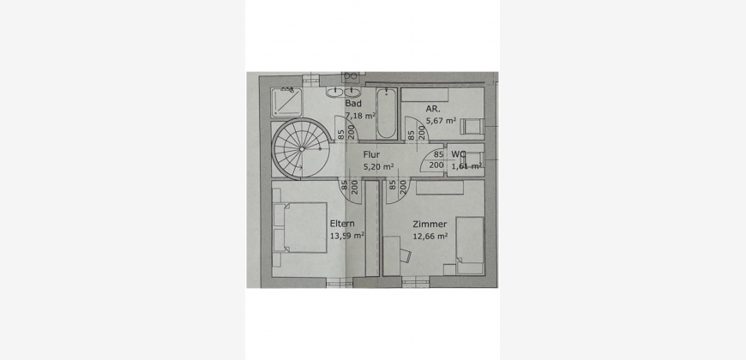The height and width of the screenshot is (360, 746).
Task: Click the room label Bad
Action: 353,104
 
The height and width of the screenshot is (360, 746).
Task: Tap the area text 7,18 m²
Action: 361,116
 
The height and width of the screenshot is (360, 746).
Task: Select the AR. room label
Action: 432,108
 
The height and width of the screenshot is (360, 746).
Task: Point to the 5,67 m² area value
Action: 441,121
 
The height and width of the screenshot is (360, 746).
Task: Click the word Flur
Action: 371,154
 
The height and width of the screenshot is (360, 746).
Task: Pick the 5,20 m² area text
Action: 379,167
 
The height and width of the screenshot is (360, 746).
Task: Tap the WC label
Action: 459,154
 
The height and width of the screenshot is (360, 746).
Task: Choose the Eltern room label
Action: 342,224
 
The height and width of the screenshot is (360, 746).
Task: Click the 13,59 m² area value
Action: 346,236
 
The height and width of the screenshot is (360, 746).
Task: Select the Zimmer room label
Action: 430,224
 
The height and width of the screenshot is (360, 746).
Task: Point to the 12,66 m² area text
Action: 430,236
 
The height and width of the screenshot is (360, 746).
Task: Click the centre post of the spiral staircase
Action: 302,149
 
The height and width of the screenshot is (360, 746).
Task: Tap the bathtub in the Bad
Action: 386,114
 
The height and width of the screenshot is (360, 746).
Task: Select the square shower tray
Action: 286,103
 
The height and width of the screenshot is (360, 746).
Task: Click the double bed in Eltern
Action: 300,227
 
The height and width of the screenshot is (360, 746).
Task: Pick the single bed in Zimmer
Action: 470,245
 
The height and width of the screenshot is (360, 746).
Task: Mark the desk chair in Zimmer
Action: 406,255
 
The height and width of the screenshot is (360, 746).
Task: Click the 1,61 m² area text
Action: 466,166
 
